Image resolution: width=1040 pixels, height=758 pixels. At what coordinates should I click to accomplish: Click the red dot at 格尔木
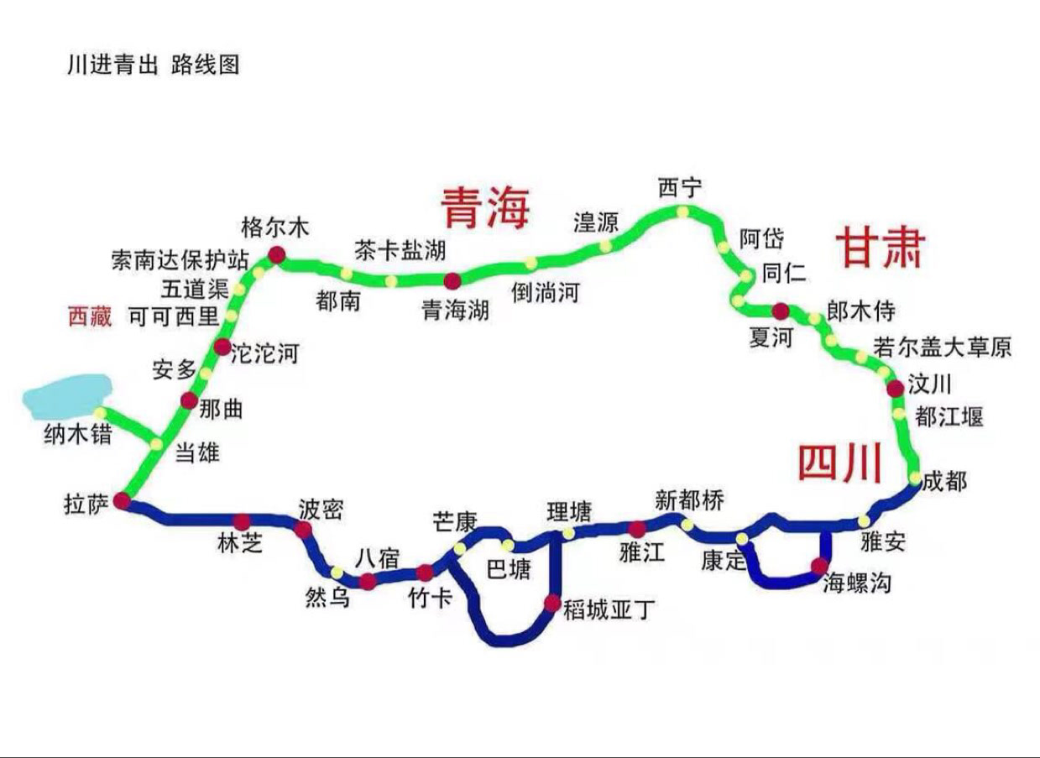(x=275, y=255)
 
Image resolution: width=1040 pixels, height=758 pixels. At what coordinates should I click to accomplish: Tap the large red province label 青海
(x=488, y=207)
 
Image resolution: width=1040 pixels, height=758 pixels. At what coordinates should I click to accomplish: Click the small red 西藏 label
(x=90, y=316)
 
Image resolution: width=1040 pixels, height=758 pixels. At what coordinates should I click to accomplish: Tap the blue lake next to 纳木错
(x=68, y=395)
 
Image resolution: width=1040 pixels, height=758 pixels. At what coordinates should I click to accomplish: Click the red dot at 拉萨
(x=122, y=501)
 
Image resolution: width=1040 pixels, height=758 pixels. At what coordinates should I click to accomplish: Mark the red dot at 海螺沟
(x=819, y=566)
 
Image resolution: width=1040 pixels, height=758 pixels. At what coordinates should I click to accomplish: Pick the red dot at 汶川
(x=896, y=388)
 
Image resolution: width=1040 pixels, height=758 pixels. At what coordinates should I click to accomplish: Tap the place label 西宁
(x=679, y=188)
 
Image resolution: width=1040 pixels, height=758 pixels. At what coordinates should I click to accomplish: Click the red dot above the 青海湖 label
(x=452, y=281)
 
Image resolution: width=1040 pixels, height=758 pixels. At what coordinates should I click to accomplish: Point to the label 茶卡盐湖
(x=400, y=249)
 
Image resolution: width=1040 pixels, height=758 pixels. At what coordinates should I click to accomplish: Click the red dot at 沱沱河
(x=222, y=347)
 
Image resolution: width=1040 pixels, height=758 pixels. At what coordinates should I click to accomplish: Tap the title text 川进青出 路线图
(x=153, y=65)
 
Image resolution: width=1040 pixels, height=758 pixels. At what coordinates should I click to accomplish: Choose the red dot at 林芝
(x=243, y=520)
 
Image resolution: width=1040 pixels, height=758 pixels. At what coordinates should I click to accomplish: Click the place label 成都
(x=944, y=482)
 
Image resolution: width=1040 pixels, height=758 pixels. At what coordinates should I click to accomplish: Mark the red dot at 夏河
(x=780, y=310)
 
